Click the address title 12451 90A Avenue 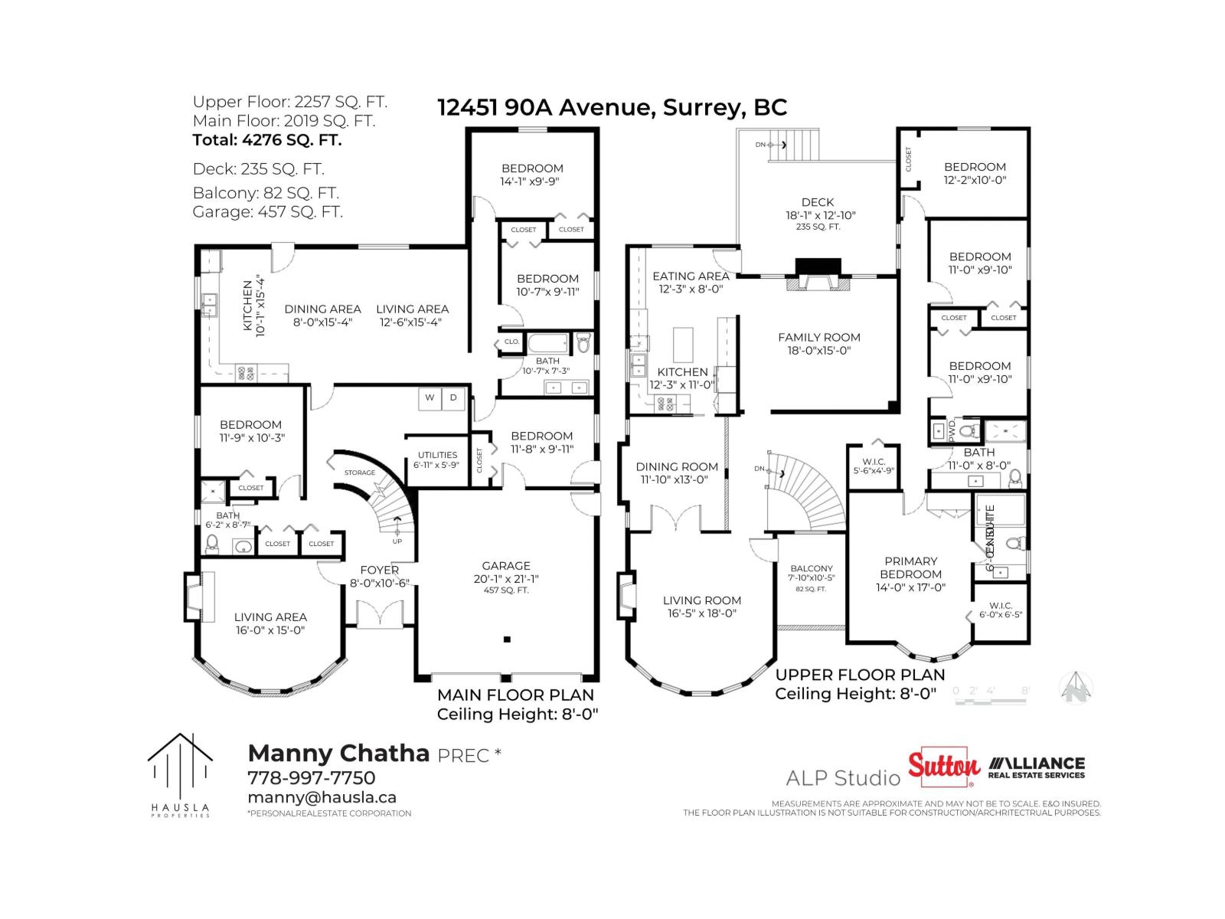pos(612,107)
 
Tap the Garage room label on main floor pos(506,566)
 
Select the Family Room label pos(818,337)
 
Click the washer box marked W pos(430,397)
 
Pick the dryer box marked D pos(453,397)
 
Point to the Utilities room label pos(437,455)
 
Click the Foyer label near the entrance pos(379,570)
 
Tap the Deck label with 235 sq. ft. pos(818,203)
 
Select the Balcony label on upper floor pos(812,569)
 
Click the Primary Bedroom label pos(910,567)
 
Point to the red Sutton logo pos(943,767)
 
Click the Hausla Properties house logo pos(179,770)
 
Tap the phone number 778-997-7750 pos(311,777)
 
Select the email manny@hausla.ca pos(322,797)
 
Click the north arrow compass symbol pos(1076,687)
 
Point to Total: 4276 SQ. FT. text pos(267,140)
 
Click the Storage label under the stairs pos(359,473)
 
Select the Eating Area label pos(691,276)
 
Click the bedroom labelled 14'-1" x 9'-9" pos(532,168)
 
